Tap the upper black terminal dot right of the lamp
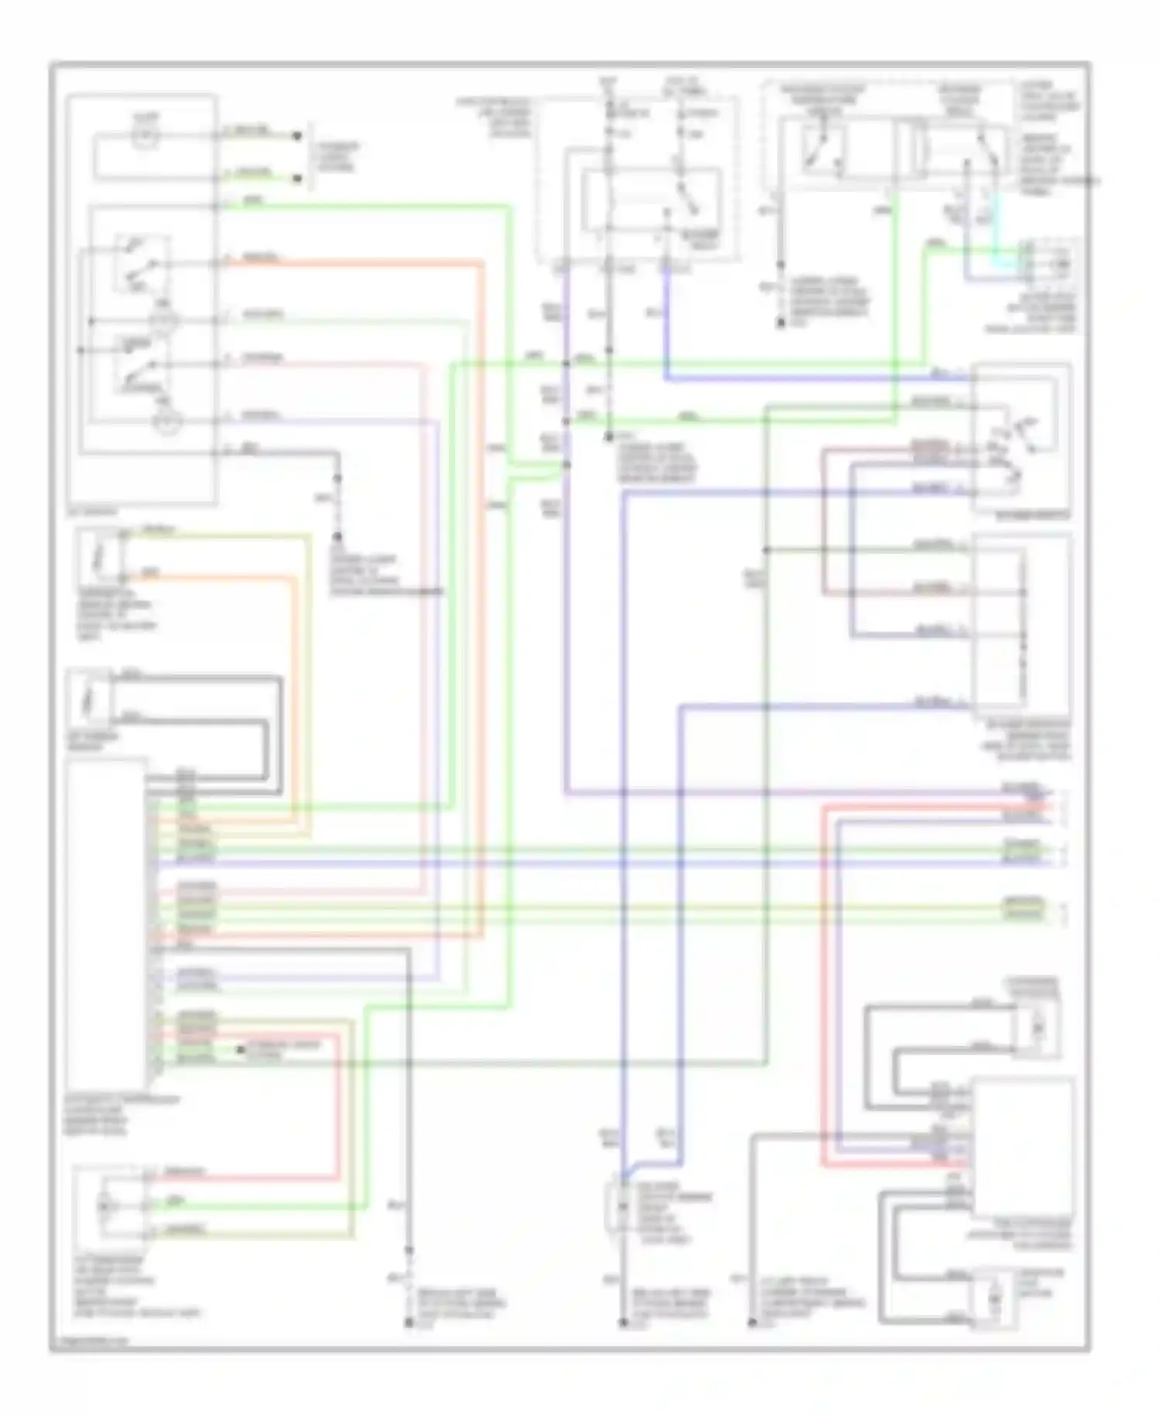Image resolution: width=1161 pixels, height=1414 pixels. (296, 136)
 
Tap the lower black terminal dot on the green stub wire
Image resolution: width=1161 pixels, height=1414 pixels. (296, 179)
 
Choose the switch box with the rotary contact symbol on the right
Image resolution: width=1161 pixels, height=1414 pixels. (1022, 439)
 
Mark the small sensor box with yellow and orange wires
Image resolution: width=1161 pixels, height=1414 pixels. (101, 555)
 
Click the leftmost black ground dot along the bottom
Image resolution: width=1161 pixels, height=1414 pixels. (409, 1323)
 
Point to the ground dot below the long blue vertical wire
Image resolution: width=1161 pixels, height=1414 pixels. (623, 1323)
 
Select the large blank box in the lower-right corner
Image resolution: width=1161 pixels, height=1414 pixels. (1022, 1149)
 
